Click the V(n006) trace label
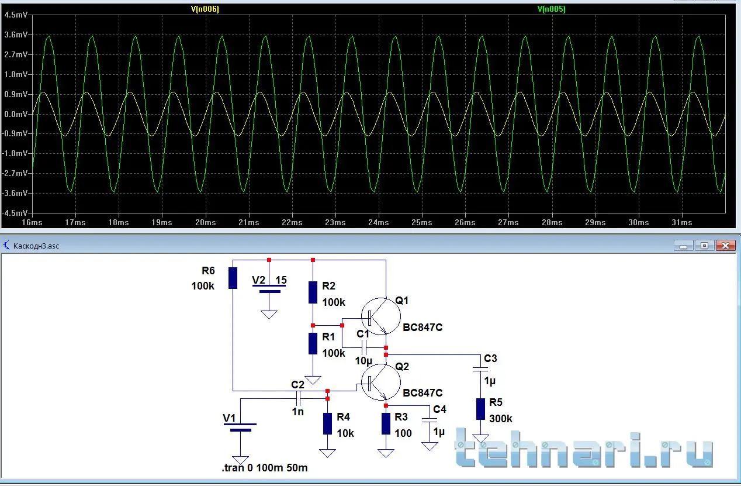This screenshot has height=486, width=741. pos(205,9)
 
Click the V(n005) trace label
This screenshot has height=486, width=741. pos(550,9)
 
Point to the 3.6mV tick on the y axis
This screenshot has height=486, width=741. pos(16,35)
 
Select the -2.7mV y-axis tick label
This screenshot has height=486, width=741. pos(15,174)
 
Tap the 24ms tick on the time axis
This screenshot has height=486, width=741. pos(378,223)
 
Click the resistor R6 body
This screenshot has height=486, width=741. pos(233,278)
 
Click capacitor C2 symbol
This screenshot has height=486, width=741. pos(298,398)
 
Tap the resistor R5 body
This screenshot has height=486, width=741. pos(480,409)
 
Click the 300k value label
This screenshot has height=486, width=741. pos(501,419)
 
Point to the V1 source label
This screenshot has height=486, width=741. pos(230,418)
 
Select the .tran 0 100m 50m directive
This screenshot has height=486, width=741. pos(264,468)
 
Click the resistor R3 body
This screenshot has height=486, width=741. pos(386,423)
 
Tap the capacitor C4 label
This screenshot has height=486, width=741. pos(439,409)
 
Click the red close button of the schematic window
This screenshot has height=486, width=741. pos(725,246)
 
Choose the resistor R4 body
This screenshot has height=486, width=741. pos(327,423)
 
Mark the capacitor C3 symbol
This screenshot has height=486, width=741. pos(480,369)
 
